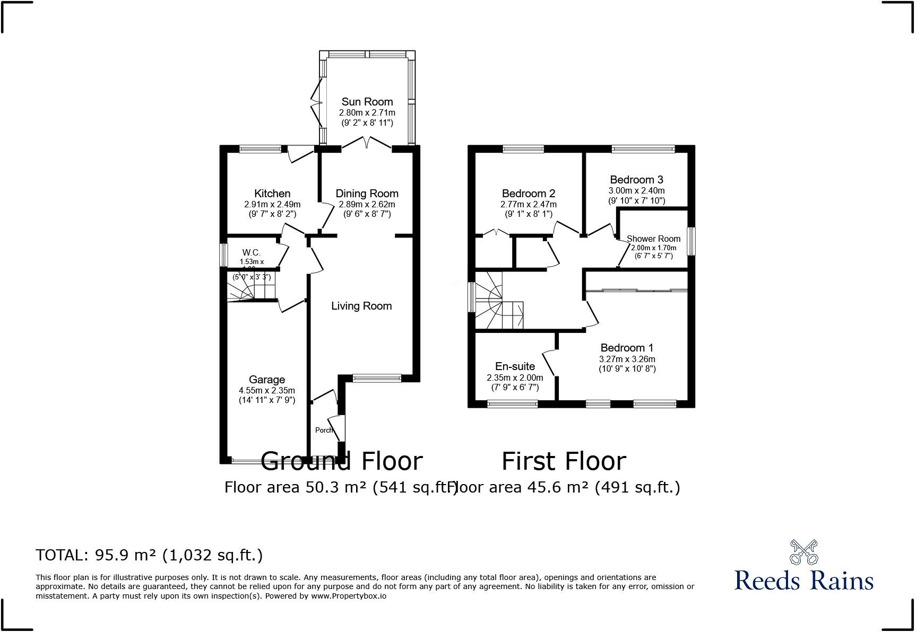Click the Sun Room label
(367, 102)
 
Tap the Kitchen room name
(272, 194)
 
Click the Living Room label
(361, 306)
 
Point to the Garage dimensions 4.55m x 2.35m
(267, 390)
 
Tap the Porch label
(324, 430)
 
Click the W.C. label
(252, 253)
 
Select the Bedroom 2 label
(529, 194)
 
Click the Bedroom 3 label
(636, 180)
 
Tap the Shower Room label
(653, 239)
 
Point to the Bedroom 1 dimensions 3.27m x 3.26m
(627, 359)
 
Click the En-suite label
(515, 366)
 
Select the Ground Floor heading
(342, 461)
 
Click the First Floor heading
(564, 461)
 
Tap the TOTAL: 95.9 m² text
(149, 555)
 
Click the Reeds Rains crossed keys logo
(803, 552)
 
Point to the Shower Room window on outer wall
(691, 241)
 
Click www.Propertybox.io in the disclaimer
(349, 596)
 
